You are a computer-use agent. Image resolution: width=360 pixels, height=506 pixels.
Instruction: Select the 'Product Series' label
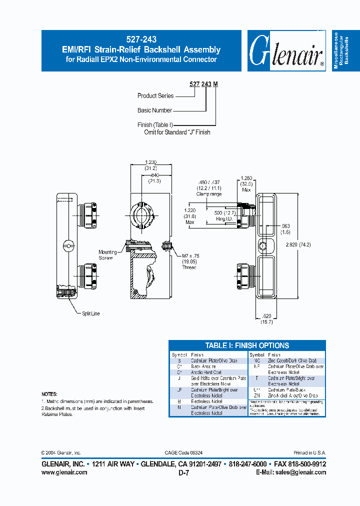point(155,95)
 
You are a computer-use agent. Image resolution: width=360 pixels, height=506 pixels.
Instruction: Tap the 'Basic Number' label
point(154,110)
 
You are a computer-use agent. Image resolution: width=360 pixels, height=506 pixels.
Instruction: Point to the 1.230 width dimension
point(150,162)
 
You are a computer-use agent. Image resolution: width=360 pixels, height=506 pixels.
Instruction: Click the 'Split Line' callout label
point(90,313)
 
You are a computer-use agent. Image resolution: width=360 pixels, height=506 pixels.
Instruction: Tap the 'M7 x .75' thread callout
point(189,256)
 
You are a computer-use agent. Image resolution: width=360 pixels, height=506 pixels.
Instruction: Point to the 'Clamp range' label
point(209,194)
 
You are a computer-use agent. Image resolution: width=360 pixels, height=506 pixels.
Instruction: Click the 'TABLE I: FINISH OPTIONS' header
point(247,345)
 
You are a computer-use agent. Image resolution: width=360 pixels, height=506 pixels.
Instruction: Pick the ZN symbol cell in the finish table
point(257,395)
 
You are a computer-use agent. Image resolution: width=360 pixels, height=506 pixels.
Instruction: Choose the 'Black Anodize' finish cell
point(203,366)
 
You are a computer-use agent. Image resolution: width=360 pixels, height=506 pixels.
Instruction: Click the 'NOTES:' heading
point(49,394)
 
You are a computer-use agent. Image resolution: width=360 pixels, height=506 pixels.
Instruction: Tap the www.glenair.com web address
point(64,472)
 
